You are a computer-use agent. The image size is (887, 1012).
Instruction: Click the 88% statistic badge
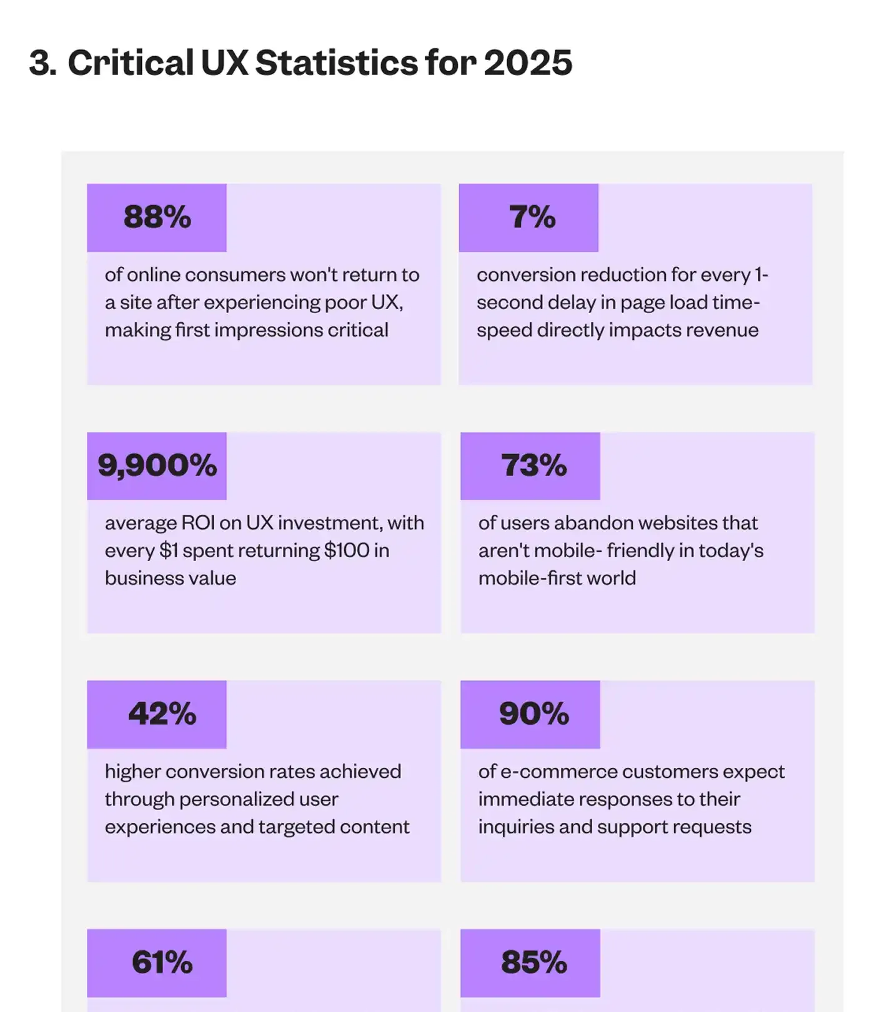coord(157,217)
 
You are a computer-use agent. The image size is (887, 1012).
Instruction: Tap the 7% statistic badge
coord(532,217)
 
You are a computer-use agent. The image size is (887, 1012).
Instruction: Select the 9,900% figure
coord(157,466)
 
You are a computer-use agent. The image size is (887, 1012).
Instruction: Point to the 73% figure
coord(533,466)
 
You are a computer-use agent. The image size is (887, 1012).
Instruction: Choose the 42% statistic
coord(162,714)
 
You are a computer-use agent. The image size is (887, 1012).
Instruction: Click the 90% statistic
coord(533,714)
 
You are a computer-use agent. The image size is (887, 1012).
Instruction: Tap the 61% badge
coord(162,963)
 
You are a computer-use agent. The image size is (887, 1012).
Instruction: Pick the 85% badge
coord(533,963)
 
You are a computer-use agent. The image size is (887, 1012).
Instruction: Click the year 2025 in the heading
coord(528,63)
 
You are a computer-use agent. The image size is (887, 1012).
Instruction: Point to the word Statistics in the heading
coord(336,63)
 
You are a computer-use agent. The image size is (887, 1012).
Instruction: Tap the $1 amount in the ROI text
coord(168,550)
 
